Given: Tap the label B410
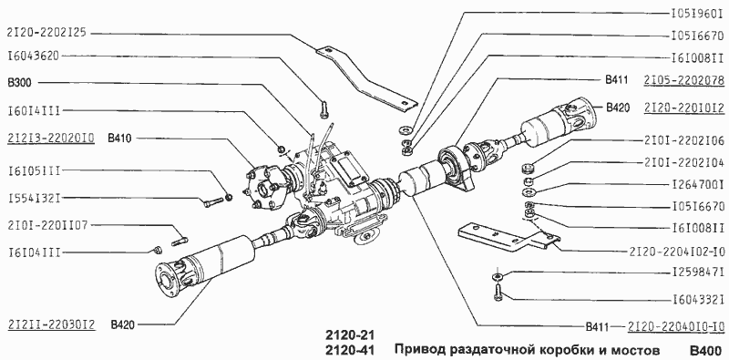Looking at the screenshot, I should [120, 139].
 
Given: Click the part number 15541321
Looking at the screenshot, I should [35, 198].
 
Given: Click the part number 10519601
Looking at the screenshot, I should [690, 15].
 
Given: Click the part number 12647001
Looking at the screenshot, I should [690, 185].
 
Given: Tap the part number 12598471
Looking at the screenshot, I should [690, 273].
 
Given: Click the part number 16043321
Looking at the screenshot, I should [690, 296].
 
